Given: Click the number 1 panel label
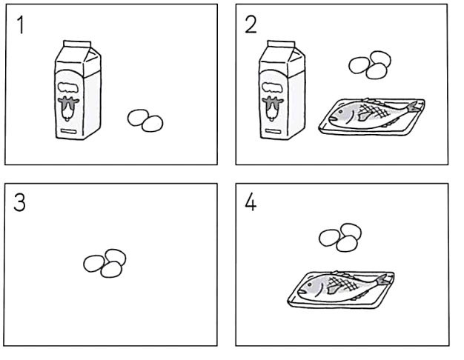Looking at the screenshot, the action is pyautogui.click(x=21, y=25).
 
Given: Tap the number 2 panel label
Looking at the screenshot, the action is pyautogui.click(x=251, y=24).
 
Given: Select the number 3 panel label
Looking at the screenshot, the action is pyautogui.click(x=19, y=203).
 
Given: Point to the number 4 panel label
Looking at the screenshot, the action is pyautogui.click(x=251, y=203).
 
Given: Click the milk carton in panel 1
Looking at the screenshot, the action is pyautogui.click(x=78, y=90).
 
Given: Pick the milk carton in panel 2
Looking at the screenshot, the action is pyautogui.click(x=282, y=90).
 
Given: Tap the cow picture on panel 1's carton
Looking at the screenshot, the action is pyautogui.click(x=68, y=108).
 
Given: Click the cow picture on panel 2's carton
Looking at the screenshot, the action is pyautogui.click(x=273, y=108).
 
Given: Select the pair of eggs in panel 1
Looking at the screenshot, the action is pyautogui.click(x=145, y=121).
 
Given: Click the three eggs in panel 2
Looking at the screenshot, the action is pyautogui.click(x=370, y=65).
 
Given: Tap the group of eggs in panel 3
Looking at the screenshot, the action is pyautogui.click(x=105, y=263).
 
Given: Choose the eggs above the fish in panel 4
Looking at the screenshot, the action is pyautogui.click(x=340, y=238).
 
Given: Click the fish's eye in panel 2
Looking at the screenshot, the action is pyautogui.click(x=341, y=112).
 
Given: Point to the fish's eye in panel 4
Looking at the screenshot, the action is pyautogui.click(x=310, y=284).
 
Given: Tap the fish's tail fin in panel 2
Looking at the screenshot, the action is pyautogui.click(x=414, y=107).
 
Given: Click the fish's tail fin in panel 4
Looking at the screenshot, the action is pyautogui.click(x=383, y=280).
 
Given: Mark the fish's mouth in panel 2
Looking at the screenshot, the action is pyautogui.click(x=332, y=119).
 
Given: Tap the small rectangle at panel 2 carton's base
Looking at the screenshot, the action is pyautogui.click(x=272, y=131).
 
